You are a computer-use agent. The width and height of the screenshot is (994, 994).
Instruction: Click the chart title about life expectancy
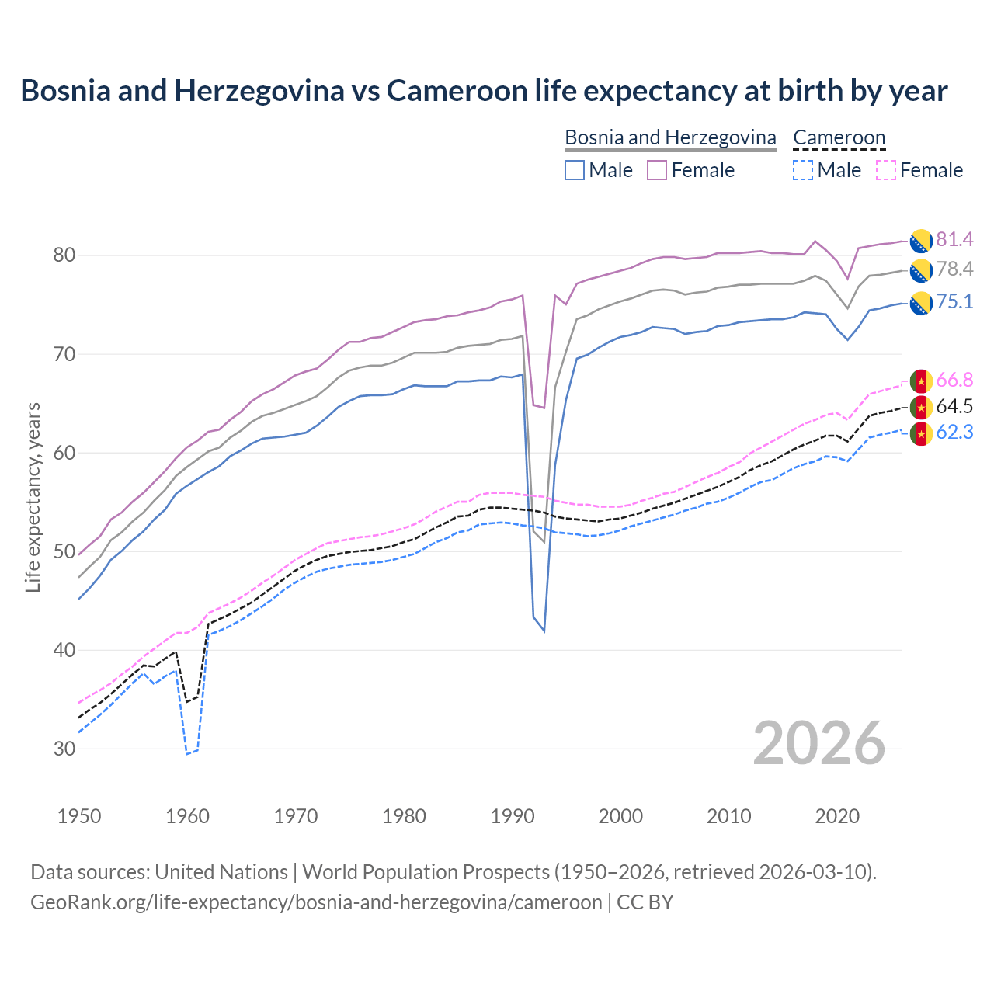click(x=484, y=91)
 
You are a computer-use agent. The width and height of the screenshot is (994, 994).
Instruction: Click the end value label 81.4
click(x=954, y=239)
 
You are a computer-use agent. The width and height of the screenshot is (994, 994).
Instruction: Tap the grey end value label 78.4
click(x=954, y=269)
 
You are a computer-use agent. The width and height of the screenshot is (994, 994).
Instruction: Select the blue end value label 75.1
click(x=954, y=301)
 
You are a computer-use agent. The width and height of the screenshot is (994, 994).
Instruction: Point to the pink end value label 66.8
click(x=954, y=380)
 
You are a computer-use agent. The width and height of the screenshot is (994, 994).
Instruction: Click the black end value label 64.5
click(x=954, y=406)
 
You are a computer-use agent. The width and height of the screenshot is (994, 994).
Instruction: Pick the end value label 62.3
click(x=954, y=432)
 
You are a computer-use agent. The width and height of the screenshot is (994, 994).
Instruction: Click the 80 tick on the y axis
click(x=64, y=255)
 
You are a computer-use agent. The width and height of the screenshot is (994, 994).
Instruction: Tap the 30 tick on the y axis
click(x=64, y=749)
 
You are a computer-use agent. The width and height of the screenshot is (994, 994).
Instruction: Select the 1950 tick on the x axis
click(x=79, y=816)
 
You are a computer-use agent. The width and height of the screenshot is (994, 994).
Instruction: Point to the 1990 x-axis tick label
click(x=513, y=816)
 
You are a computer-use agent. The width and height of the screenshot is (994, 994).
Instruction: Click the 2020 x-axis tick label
click(x=837, y=816)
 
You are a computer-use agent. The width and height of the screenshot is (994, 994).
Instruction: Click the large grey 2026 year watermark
click(x=818, y=743)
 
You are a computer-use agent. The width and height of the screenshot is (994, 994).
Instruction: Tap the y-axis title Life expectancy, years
click(x=33, y=498)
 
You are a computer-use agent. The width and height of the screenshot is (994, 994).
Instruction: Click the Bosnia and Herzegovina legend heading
click(x=670, y=137)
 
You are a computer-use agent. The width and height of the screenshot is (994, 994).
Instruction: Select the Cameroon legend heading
click(x=839, y=137)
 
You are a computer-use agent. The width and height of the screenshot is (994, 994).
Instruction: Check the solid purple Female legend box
click(x=657, y=170)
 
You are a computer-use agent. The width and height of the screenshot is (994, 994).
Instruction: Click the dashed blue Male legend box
click(x=803, y=170)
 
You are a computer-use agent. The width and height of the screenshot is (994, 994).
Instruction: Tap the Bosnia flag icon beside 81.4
click(x=921, y=241)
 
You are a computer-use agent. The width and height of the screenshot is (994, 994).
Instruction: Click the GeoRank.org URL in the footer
click(x=316, y=902)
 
